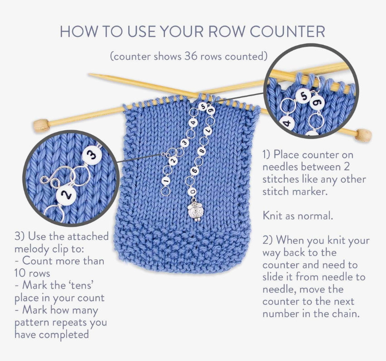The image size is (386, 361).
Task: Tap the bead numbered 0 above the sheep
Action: [x=193, y=191]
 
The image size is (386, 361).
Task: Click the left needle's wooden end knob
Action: [x=41, y=125]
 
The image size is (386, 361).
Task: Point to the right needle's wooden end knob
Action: [x=364, y=135]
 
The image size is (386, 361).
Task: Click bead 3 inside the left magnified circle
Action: [x=92, y=156]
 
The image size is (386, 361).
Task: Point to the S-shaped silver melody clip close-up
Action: [x=53, y=178]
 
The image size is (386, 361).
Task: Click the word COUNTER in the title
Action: [x=287, y=32]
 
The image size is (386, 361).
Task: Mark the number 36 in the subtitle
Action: [x=191, y=56]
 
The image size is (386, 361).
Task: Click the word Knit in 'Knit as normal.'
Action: [x=272, y=216]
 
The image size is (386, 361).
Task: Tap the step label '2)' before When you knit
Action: [x=267, y=240]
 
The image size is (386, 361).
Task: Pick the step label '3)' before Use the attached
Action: [x=19, y=237]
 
